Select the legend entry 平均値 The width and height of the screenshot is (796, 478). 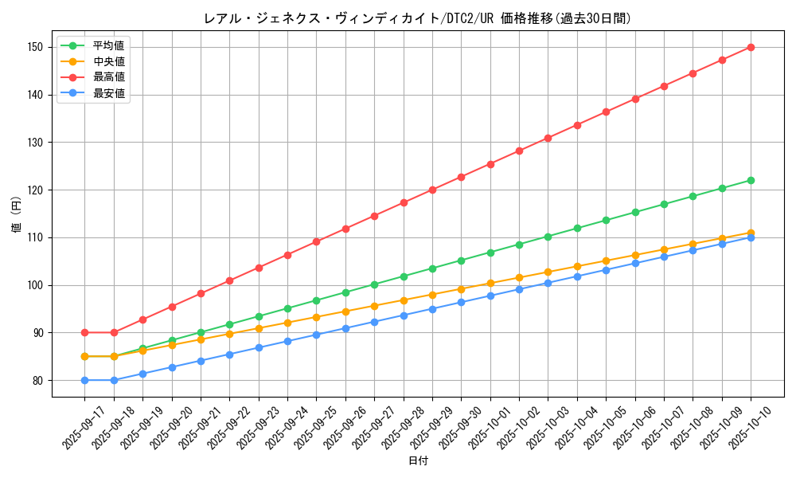(x=108, y=45)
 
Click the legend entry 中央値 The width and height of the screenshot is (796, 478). (x=108, y=61)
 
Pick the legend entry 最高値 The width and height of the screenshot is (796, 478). (x=108, y=77)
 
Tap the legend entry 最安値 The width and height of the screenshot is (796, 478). (x=108, y=93)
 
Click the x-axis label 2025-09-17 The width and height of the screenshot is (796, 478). (x=79, y=423)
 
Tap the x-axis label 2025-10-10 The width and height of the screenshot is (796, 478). (x=745, y=423)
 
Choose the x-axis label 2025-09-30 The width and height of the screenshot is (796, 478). (x=455, y=423)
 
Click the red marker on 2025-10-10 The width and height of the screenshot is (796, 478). (x=751, y=47)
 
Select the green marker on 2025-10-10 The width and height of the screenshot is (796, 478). (x=751, y=180)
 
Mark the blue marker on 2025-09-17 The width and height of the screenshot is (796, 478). (x=84, y=380)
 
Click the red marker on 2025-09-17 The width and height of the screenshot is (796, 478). (x=84, y=332)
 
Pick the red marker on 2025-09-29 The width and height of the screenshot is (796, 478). (x=432, y=190)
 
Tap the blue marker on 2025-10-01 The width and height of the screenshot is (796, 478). (x=490, y=296)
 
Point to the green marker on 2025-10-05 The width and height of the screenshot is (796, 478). (x=606, y=220)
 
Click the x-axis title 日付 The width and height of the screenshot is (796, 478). (x=418, y=461)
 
